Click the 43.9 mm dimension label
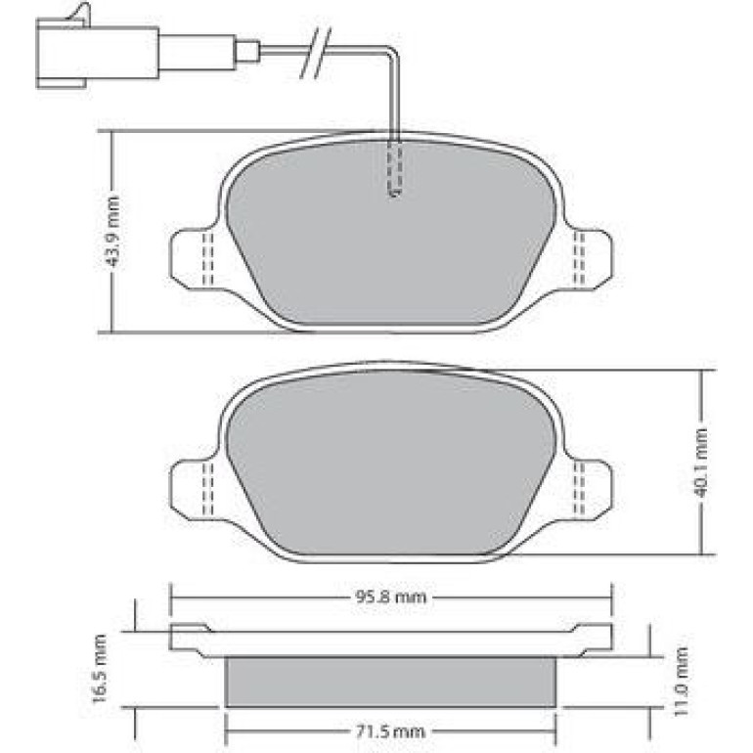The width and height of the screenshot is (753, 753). [112, 232]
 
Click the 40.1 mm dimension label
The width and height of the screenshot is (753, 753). [702, 463]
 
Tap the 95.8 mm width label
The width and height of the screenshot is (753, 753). [390, 598]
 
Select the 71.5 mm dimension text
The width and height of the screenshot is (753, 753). [390, 731]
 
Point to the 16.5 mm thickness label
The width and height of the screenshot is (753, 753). [100, 669]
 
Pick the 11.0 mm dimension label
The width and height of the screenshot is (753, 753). [681, 682]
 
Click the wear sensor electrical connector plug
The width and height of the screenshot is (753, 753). [98, 52]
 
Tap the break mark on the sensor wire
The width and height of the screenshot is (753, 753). [316, 52]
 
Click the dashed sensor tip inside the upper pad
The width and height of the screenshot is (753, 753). [394, 168]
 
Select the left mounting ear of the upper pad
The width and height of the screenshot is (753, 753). [195, 259]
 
